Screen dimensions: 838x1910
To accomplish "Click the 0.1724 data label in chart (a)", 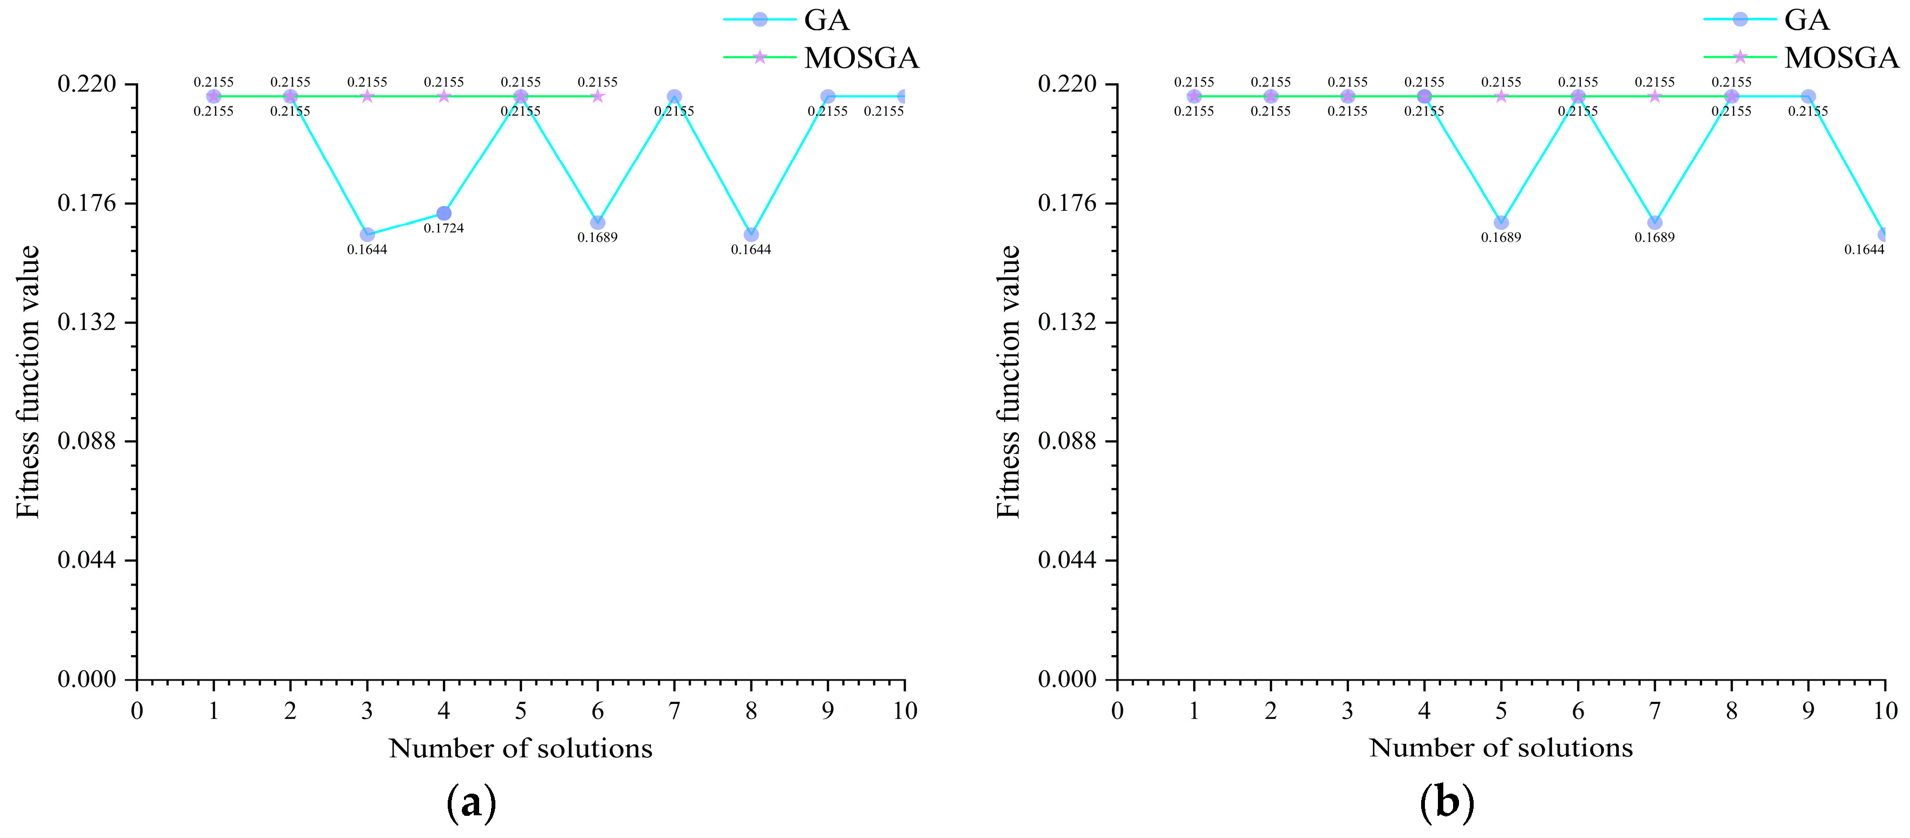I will point(443,228).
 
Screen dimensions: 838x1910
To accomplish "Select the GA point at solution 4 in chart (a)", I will point(443,213).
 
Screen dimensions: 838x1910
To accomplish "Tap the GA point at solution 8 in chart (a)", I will point(751,235).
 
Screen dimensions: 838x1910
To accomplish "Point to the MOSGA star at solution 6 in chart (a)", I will point(598,96).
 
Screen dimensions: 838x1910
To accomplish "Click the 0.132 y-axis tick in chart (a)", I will point(88,322).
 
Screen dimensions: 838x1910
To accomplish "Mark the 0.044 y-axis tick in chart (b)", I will point(1068,560).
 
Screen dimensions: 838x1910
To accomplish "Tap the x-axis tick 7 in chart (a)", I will point(674,711).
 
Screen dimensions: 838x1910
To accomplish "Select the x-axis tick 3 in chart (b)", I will point(1347,711).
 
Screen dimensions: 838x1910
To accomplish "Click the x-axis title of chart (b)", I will point(1501,748).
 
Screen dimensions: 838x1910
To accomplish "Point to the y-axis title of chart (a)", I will point(28,381).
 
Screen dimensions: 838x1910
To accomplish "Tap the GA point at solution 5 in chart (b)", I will point(1501,223).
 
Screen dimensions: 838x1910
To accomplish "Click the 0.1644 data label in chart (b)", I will point(1864,250).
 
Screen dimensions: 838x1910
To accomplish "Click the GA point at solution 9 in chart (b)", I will point(1808,96).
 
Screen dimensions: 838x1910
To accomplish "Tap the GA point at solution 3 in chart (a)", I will point(367,235).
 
